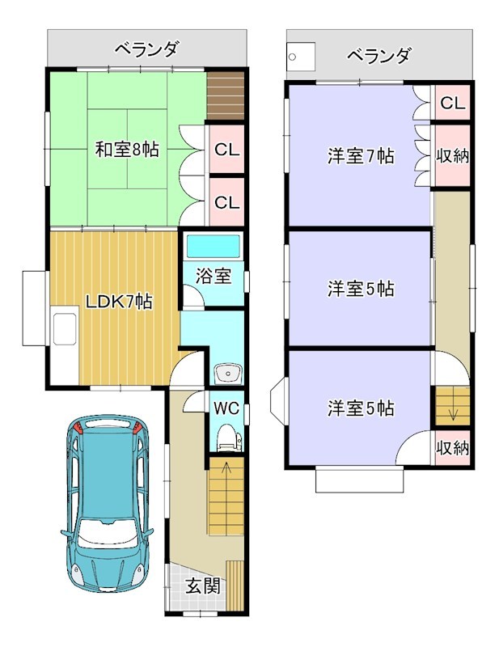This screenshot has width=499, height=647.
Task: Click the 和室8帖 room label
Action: (x=127, y=150)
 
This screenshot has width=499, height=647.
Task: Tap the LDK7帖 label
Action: (x=119, y=302)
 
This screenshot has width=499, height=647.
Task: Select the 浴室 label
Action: (x=213, y=276)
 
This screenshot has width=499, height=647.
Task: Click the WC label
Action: (x=226, y=408)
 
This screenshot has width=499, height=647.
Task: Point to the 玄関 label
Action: (x=202, y=586)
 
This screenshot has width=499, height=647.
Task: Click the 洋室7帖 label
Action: (x=361, y=156)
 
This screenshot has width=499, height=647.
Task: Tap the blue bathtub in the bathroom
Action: (x=214, y=247)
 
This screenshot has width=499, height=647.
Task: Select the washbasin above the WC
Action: (x=226, y=374)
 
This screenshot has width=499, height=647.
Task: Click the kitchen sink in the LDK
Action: (x=65, y=328)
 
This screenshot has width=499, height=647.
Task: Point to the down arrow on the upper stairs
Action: (x=453, y=411)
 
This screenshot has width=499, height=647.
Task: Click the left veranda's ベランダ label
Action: (x=146, y=49)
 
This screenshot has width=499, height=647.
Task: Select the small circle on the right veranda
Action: (x=292, y=57)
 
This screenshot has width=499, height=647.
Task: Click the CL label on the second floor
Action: (x=452, y=104)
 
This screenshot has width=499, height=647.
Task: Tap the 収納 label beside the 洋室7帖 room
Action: (x=453, y=156)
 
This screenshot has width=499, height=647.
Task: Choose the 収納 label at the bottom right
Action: (x=453, y=448)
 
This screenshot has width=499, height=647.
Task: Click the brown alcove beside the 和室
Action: (x=226, y=95)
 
